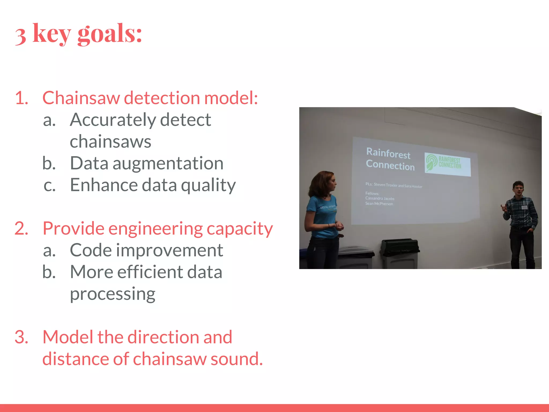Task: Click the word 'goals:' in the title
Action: [109, 34]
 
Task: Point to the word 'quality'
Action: [208, 185]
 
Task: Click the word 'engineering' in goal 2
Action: [155, 229]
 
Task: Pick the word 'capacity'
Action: [240, 229]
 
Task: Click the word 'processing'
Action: [113, 294]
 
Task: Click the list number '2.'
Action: [21, 229]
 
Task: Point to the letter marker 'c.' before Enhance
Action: [50, 185]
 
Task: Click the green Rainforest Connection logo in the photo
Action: [447, 163]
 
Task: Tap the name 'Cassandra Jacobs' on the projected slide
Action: [380, 198]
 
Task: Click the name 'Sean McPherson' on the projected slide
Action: [379, 204]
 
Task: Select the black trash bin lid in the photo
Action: [399, 246]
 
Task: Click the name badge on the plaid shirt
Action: [524, 208]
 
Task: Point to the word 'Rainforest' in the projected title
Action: [388, 153]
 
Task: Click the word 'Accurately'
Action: [113, 120]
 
